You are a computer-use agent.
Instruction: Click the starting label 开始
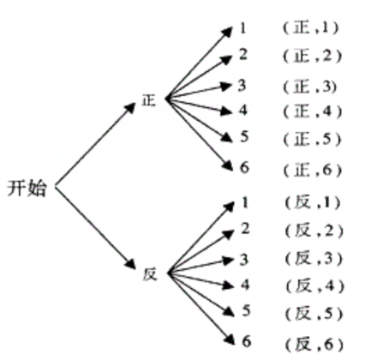(27, 188)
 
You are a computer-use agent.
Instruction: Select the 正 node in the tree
(149, 100)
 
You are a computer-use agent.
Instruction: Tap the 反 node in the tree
(150, 274)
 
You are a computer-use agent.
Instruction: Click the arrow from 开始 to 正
(95, 145)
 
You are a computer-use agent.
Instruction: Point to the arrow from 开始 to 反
(95, 228)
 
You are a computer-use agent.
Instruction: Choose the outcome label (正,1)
(311, 28)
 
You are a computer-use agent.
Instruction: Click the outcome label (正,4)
(313, 111)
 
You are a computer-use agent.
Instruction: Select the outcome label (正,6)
(313, 171)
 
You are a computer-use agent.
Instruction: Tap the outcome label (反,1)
(313, 203)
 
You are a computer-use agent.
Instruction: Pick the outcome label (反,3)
(314, 259)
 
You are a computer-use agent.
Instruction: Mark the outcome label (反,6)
(314, 345)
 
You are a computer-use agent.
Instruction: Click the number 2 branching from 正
(243, 54)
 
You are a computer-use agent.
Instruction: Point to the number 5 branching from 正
(244, 136)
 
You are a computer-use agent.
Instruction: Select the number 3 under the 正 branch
(242, 86)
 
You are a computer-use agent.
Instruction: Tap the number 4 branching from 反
(245, 285)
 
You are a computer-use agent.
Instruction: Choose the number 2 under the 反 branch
(245, 229)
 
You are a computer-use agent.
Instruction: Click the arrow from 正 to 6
(199, 135)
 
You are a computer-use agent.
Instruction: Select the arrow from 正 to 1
(199, 63)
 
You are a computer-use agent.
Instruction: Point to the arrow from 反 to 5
(201, 295)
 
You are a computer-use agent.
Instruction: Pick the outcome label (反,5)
(314, 315)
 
